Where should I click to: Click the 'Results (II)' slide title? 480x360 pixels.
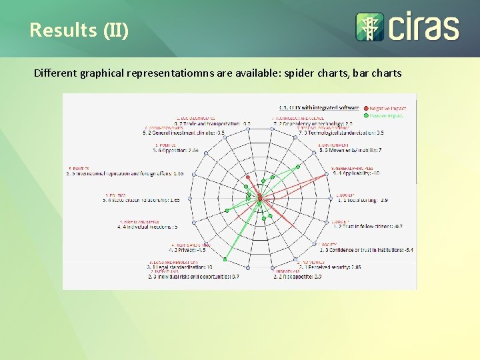pyautogui.click(x=79, y=30)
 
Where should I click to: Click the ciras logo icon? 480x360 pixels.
pyautogui.click(x=369, y=27)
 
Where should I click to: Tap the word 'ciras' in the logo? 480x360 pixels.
pyautogui.click(x=423, y=28)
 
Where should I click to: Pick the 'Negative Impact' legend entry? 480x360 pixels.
pyautogui.click(x=387, y=108)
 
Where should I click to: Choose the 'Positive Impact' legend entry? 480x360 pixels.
pyautogui.click(x=387, y=115)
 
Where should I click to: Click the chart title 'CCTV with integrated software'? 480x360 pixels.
pyautogui.click(x=319, y=107)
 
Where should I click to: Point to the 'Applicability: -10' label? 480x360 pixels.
pyautogui.click(x=358, y=173)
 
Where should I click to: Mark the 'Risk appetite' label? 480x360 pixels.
pyautogui.click(x=297, y=276)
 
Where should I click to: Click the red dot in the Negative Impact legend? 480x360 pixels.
pyautogui.click(x=365, y=108)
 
